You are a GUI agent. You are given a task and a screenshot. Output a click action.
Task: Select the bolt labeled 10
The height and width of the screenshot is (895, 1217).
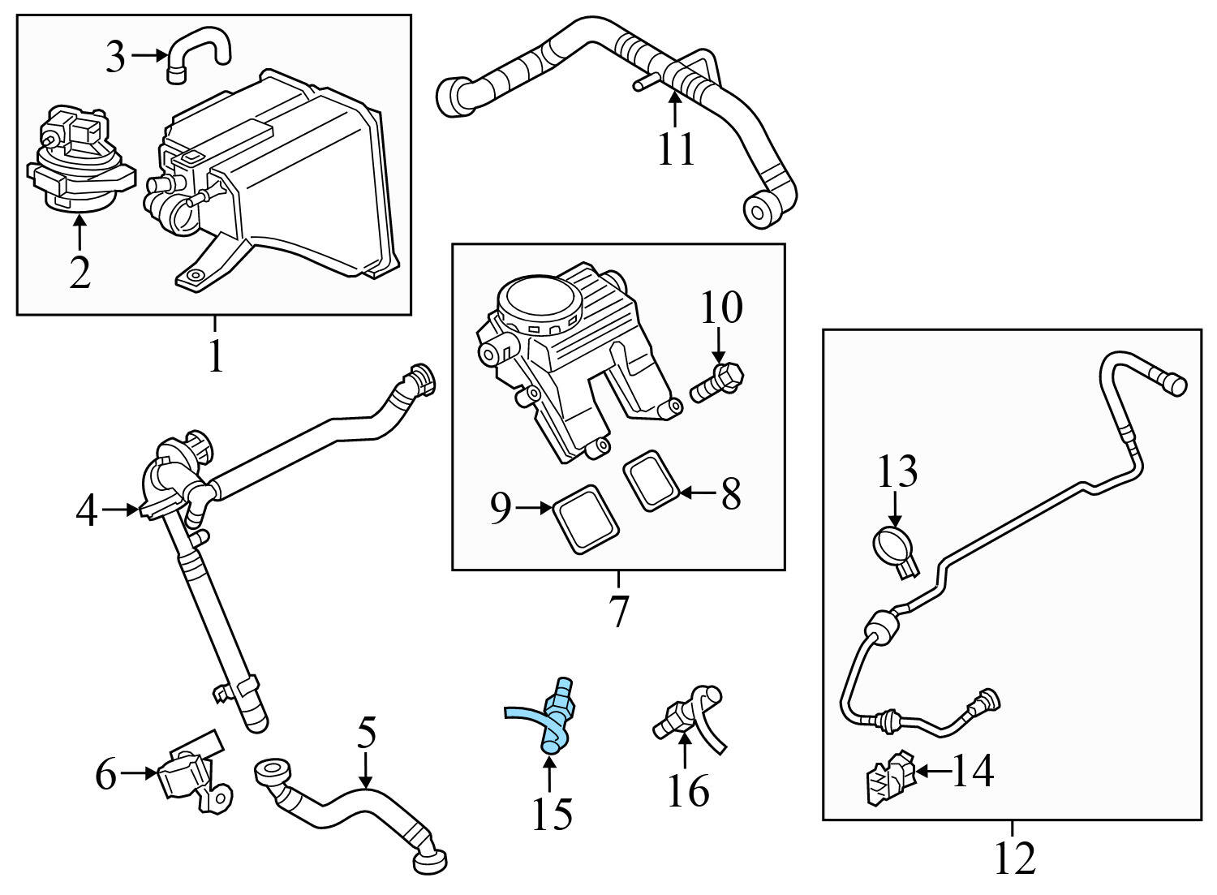[719, 381]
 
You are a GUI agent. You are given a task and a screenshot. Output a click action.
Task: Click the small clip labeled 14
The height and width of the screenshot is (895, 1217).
[887, 781]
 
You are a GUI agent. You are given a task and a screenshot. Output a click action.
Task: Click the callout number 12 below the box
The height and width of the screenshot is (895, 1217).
[1014, 858]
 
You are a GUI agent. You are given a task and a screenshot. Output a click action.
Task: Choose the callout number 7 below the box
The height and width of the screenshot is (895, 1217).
[618, 611]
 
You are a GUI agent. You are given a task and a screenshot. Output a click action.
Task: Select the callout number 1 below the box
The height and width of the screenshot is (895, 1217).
[215, 357]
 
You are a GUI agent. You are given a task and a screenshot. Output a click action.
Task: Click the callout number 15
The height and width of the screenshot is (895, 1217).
[552, 813]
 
